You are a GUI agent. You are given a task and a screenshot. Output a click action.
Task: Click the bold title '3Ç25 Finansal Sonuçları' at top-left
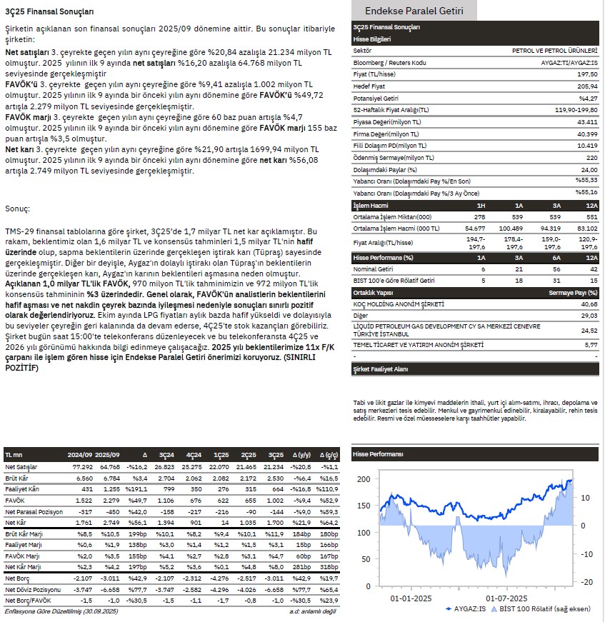coord(49,11)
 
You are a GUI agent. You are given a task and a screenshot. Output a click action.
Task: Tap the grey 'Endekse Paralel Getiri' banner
coord(414,11)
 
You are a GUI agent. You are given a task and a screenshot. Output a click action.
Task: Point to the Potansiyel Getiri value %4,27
coord(588,98)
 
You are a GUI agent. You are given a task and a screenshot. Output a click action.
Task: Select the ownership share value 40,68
coord(589,304)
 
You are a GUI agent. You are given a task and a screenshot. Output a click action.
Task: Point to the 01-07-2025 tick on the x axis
coord(506,598)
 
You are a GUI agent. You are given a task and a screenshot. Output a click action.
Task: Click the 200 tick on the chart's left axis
coord(364,479)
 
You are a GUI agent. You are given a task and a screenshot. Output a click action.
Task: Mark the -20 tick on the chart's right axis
coord(586,582)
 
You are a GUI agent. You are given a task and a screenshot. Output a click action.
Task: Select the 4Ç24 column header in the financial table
coord(194,455)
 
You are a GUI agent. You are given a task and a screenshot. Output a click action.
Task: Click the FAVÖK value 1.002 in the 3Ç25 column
coord(274,502)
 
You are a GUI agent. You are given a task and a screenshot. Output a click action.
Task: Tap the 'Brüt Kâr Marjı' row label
coord(24,534)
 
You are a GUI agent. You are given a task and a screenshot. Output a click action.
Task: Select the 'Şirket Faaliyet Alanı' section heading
coord(381,369)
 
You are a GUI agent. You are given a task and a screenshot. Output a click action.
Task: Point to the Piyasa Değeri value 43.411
coord(587,122)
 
